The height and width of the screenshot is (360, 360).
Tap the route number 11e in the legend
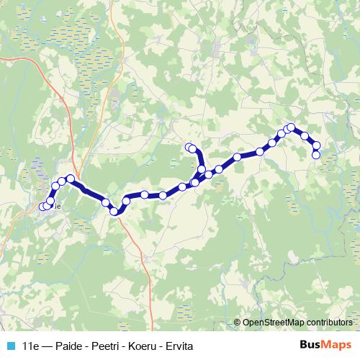[31, 346]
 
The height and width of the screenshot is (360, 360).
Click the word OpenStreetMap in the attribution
[274, 323]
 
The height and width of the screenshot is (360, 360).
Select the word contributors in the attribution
[329, 323]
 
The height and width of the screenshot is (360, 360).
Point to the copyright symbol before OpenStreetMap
[238, 323]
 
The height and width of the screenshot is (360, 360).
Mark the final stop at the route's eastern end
[316, 154]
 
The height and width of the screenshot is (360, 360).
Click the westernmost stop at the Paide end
[40, 207]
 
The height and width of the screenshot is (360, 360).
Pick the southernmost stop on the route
[114, 210]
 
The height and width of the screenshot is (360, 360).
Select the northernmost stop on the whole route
[291, 127]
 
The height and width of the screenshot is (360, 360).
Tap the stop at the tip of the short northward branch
[189, 148]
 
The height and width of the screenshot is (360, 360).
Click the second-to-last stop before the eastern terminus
[316, 146]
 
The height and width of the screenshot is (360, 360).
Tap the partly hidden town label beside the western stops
[55, 204]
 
